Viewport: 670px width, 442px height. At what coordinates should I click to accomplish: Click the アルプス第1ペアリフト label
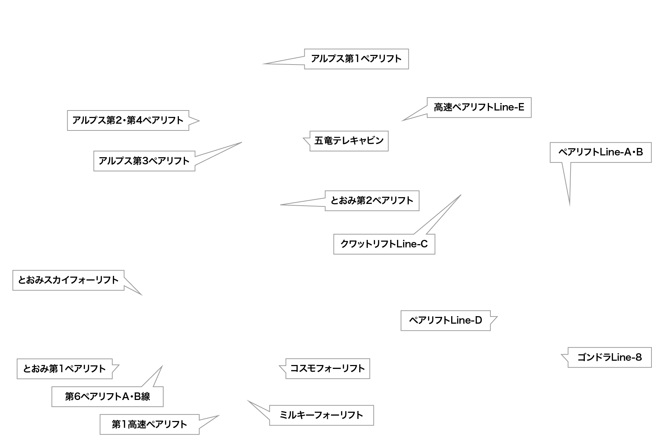point(356,59)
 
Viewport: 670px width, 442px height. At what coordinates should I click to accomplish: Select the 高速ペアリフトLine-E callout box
point(479,107)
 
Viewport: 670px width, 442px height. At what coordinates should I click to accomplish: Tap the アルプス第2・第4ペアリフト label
point(128,120)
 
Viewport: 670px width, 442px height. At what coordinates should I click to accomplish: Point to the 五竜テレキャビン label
point(349,141)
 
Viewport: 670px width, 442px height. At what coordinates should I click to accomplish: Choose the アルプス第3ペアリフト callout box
point(144,161)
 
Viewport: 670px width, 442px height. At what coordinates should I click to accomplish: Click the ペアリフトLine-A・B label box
point(600,153)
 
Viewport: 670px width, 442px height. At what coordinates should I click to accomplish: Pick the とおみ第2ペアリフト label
point(372,201)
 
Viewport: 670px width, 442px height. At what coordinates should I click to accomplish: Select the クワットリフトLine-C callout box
point(384,244)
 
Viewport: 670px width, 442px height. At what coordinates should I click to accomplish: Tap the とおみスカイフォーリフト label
point(68,280)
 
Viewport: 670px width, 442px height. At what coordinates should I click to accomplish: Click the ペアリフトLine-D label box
point(445,320)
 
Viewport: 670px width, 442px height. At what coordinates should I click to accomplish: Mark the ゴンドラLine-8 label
point(609,357)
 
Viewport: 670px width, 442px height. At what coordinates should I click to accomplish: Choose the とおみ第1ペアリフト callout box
point(64,369)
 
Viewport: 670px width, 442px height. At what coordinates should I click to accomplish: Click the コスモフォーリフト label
point(327,369)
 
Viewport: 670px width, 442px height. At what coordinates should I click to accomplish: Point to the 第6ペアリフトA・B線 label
point(107,396)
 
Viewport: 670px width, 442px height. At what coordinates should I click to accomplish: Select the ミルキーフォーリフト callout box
point(321,415)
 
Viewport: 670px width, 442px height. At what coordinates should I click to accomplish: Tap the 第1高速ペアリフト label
point(149,424)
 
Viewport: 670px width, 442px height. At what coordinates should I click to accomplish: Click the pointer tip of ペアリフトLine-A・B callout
point(569,205)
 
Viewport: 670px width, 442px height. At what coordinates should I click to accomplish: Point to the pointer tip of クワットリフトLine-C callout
point(461,195)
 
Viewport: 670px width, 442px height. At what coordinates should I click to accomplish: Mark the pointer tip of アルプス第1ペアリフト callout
point(263,64)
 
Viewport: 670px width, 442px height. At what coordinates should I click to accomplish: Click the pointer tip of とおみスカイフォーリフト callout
point(142,295)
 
